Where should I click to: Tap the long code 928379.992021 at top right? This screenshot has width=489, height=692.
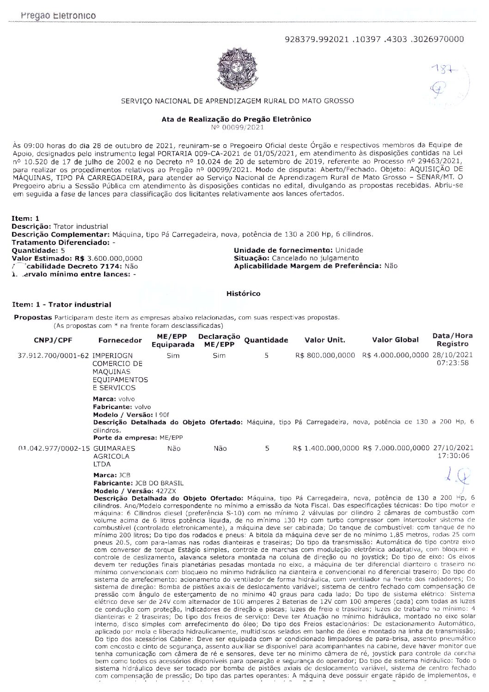point(375,39)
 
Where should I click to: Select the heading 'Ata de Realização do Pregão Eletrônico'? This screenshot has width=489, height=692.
point(236,119)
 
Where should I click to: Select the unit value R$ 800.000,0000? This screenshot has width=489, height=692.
point(324,355)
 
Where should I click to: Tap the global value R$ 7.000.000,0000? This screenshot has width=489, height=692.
point(396,448)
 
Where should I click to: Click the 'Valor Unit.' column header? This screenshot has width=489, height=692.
point(324,340)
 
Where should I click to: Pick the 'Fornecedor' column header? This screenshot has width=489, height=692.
point(120,340)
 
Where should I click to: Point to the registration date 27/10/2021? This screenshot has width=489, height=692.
point(453,448)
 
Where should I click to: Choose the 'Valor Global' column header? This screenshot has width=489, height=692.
point(395,340)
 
